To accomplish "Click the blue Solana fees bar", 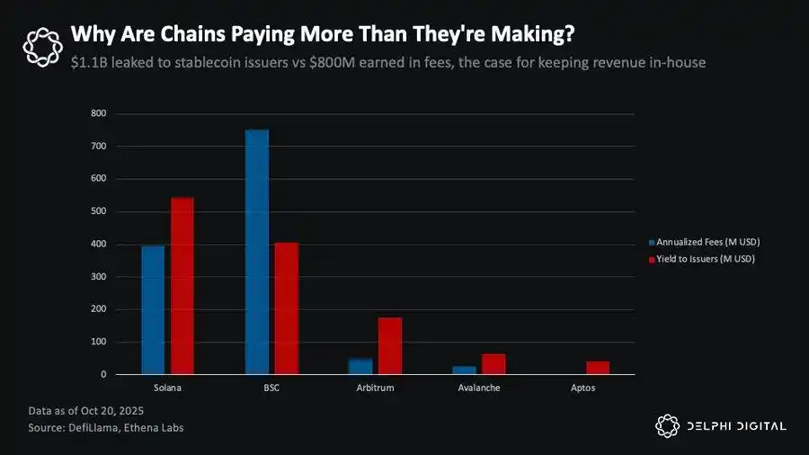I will click(153, 309).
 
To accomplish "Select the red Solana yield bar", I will click(182, 286).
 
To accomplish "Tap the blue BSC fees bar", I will click(257, 252).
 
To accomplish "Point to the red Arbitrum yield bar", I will click(390, 346).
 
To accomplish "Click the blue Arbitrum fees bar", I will click(360, 366).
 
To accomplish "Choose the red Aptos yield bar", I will click(598, 368).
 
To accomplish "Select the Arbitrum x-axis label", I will click(375, 388).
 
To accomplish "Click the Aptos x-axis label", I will click(582, 388).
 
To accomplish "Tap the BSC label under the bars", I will click(271, 388).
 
